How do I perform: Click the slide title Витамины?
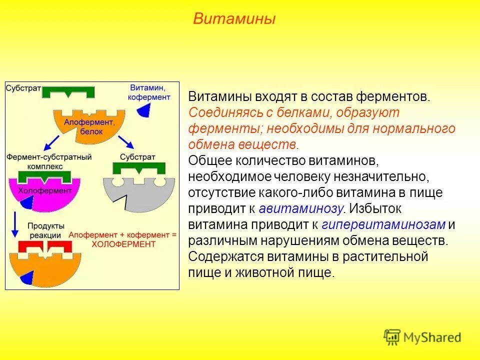(x=234, y=19)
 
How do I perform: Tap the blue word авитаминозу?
(x=301, y=208)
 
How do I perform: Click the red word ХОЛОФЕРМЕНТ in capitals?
(x=123, y=244)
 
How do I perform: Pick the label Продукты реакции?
(x=44, y=230)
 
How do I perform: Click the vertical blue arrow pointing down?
(x=15, y=224)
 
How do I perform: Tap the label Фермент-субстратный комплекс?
(x=48, y=161)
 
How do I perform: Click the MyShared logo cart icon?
(x=392, y=336)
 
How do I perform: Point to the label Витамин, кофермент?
(x=149, y=92)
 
